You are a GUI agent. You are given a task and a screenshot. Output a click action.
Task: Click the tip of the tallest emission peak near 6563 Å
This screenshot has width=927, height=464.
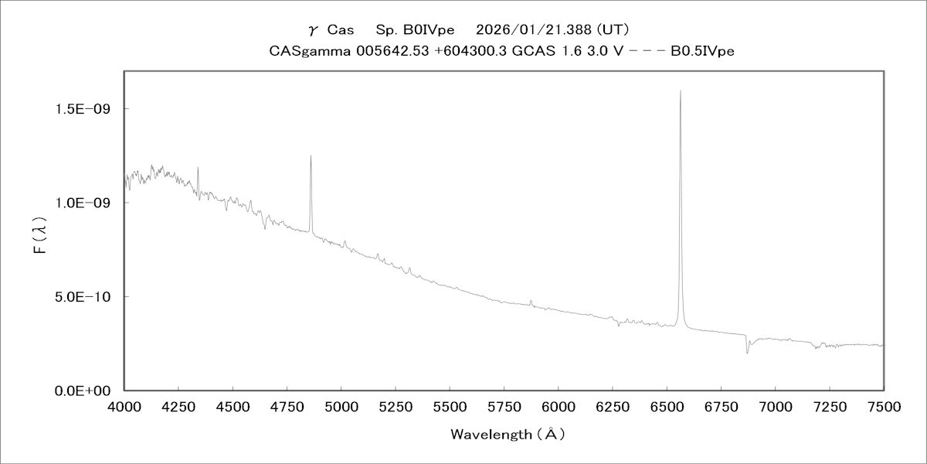[680, 91]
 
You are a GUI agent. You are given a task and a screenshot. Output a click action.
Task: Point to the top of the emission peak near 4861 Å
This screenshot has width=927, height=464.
[311, 155]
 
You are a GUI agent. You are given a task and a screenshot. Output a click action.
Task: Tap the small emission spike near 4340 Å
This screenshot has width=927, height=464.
[198, 167]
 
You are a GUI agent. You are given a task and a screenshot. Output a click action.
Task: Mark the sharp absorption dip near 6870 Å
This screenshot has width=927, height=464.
[747, 353]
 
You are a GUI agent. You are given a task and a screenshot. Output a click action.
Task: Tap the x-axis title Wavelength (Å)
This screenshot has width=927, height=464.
[508, 435]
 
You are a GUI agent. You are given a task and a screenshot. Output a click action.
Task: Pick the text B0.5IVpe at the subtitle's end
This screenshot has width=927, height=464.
[701, 51]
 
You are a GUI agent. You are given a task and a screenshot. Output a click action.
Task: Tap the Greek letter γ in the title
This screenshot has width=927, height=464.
[312, 31]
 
